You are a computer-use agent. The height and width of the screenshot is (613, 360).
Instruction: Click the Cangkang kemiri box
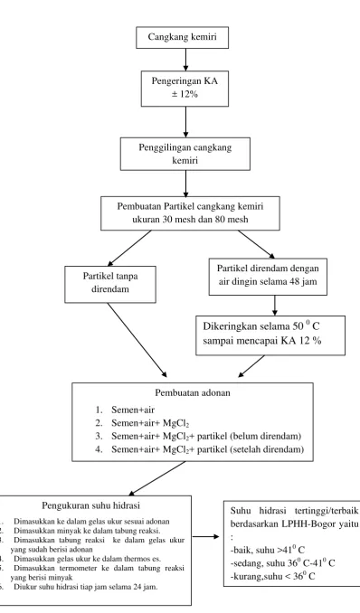tap(183, 38)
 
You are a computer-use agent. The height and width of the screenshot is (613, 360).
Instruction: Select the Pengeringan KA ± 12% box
tap(185, 89)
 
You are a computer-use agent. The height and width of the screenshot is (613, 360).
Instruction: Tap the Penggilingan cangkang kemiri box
tap(185, 154)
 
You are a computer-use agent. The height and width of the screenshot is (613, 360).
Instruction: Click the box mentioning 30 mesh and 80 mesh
tap(190, 213)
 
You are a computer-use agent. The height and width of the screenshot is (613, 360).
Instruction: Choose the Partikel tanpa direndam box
tap(110, 284)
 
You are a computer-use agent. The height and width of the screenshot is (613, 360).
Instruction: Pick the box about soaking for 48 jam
tap(268, 277)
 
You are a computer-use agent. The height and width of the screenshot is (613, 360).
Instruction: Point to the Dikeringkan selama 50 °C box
tap(270, 335)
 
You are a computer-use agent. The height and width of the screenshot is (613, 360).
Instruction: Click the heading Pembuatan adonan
tap(193, 392)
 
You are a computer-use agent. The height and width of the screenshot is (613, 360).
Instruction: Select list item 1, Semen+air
tap(125, 410)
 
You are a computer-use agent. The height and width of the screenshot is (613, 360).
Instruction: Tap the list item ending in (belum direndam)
tap(198, 436)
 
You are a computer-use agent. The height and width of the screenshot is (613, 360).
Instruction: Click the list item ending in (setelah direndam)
tap(200, 449)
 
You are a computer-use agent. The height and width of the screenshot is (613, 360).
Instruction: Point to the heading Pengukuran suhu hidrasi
tap(90, 505)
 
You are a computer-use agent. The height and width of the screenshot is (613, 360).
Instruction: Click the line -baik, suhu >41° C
tap(268, 550)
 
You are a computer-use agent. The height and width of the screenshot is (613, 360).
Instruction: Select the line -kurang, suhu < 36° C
tap(272, 576)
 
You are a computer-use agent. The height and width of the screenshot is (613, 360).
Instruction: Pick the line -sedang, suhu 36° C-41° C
tap(282, 563)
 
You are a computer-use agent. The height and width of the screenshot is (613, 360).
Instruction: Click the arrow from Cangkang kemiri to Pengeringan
tap(185, 60)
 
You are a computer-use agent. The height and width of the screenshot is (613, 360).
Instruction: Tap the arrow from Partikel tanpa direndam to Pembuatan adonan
tap(137, 340)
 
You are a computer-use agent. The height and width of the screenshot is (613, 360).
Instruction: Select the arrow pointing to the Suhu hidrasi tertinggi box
tap(206, 537)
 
